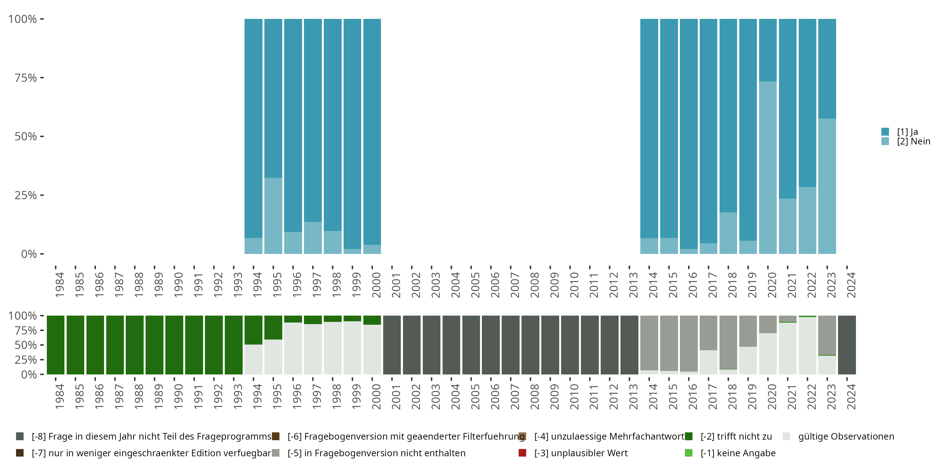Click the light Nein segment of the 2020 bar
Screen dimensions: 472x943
768,167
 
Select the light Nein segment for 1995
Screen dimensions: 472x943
273,216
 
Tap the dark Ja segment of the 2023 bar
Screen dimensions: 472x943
827,69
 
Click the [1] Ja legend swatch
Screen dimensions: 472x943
885,132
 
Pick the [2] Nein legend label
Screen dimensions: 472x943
913,142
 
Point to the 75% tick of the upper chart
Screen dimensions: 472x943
42,78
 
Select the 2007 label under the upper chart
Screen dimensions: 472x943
515,285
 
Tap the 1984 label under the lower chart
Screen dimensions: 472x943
60,396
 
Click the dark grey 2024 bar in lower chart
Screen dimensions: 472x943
847,345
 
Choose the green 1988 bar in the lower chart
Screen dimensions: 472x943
135,345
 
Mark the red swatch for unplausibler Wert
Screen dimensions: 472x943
522,453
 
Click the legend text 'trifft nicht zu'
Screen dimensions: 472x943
736,436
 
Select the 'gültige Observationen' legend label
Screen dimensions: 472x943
846,436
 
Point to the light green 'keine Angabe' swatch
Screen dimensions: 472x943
689,453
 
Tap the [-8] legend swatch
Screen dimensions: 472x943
20,436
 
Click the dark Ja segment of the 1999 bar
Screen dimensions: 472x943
352,134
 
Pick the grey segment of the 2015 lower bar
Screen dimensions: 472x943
669,343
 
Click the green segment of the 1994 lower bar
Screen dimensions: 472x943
253,330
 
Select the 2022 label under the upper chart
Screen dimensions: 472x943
812,285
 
